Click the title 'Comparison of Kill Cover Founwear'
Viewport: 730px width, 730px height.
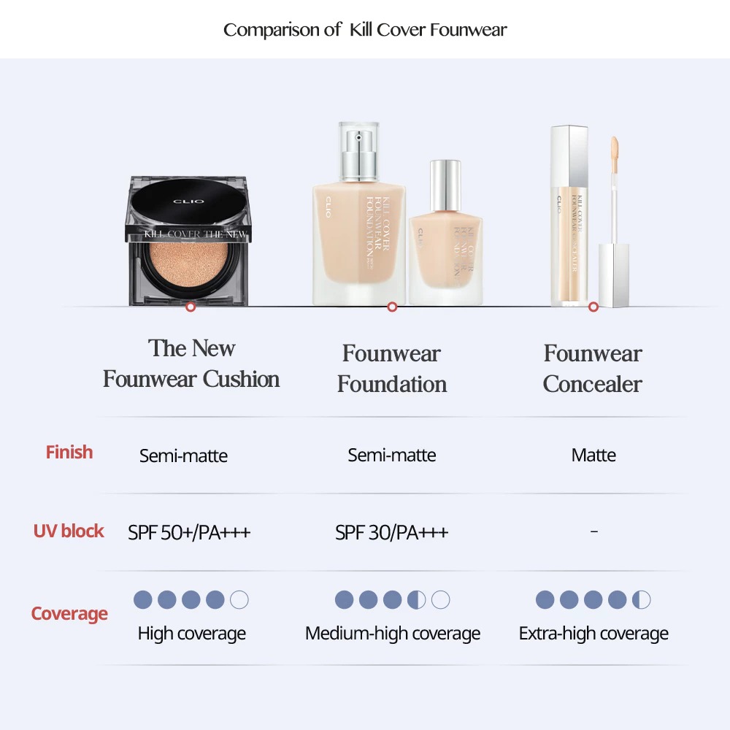pos(365,30)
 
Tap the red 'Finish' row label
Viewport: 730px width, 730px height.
pos(69,453)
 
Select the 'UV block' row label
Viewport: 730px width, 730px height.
pos(69,531)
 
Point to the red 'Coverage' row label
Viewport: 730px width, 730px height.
pos(69,614)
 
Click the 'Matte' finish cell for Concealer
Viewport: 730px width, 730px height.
pos(593,456)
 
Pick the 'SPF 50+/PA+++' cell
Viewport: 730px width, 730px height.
pos(189,533)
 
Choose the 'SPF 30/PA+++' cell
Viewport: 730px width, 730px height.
pos(392,533)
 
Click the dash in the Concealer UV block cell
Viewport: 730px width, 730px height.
pos(593,531)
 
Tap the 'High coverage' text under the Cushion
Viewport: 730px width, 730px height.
pos(191,634)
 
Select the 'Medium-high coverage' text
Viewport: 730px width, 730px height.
pos(393,634)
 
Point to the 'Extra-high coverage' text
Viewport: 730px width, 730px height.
pos(593,634)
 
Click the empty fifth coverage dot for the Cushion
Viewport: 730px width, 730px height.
pos(239,600)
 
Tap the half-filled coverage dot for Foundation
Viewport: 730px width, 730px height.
pos(416,600)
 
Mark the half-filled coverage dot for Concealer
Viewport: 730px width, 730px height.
pos(641,600)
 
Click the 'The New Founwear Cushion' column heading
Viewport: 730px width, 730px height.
pos(191,364)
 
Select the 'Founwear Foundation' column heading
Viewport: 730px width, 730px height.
pos(392,369)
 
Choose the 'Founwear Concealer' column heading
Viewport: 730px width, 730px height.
pos(593,369)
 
